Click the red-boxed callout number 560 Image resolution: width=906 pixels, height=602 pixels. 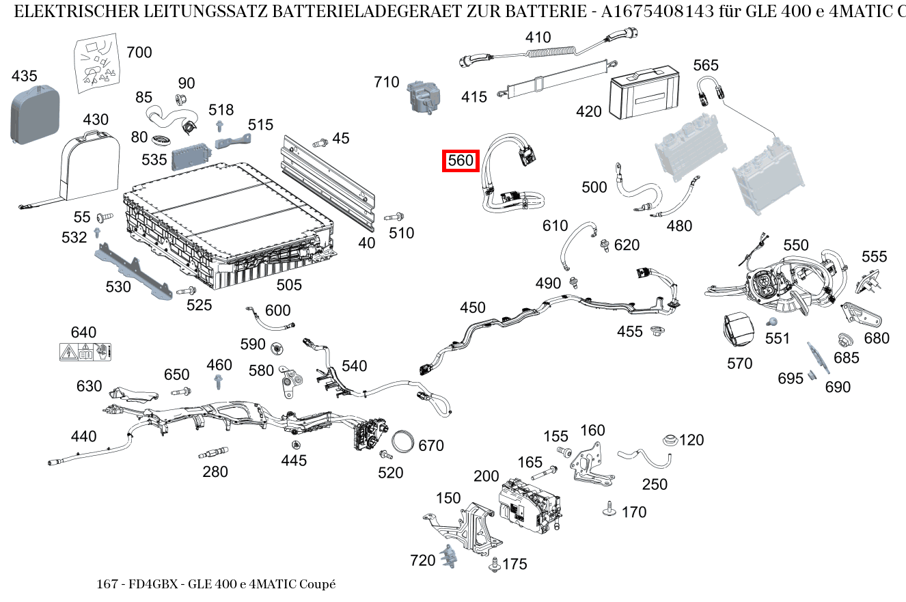[460, 161]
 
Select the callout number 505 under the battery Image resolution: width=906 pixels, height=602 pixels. [289, 284]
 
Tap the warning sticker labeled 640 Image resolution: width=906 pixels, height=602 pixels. [85, 353]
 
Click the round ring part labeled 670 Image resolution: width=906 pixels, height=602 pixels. [404, 441]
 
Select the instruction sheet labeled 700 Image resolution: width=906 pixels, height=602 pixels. [96, 65]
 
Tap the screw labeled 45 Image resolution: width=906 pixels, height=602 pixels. [319, 143]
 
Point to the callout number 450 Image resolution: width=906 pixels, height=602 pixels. [472, 308]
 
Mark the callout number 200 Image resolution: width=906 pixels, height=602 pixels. [486, 476]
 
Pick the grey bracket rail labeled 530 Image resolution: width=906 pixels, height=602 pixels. [133, 271]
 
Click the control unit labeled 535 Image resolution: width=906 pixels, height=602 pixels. [191, 159]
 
